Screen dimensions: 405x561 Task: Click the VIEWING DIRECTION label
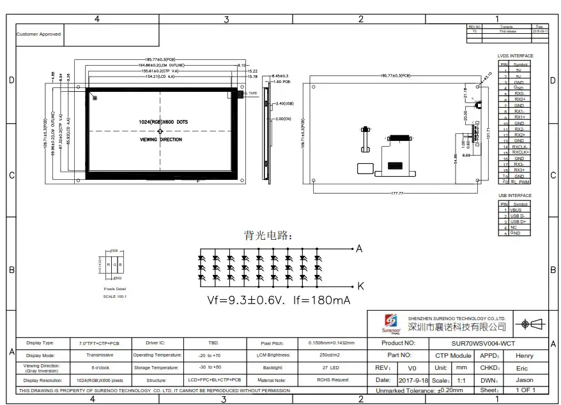[160, 139]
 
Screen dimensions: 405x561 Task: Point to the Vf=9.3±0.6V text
[247, 300]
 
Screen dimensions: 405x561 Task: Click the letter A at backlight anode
[359, 248]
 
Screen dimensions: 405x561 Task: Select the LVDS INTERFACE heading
[515, 56]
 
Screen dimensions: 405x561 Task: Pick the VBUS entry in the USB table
[516, 210]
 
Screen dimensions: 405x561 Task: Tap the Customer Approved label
[38, 34]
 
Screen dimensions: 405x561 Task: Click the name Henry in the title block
[525, 356]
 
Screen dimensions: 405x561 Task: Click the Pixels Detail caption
[115, 289]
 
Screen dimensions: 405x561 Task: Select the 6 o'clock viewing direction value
[100, 368]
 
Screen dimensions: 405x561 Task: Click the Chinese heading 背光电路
[268, 235]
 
